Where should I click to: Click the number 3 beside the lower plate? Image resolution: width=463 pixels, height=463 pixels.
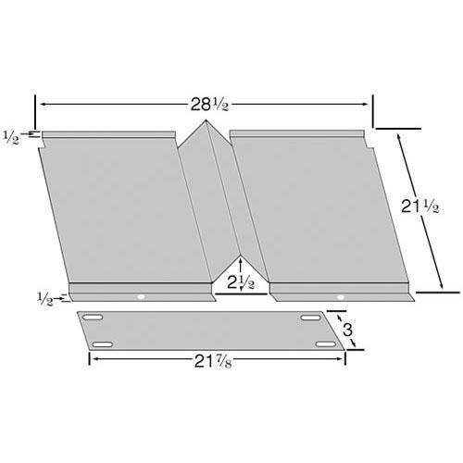pyautogui.click(x=347, y=331)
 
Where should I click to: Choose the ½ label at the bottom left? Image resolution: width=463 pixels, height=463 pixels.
pyautogui.click(x=44, y=297)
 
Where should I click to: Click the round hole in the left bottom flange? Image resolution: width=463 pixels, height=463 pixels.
pyautogui.click(x=141, y=297)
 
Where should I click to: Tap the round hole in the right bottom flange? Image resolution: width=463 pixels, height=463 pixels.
pyautogui.click(x=340, y=297)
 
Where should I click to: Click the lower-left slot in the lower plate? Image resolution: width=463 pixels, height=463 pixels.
pyautogui.click(x=103, y=344)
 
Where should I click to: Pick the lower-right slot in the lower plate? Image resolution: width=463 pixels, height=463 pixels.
pyautogui.click(x=324, y=344)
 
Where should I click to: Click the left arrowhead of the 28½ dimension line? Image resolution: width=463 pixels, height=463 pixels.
pyautogui.click(x=40, y=104)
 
